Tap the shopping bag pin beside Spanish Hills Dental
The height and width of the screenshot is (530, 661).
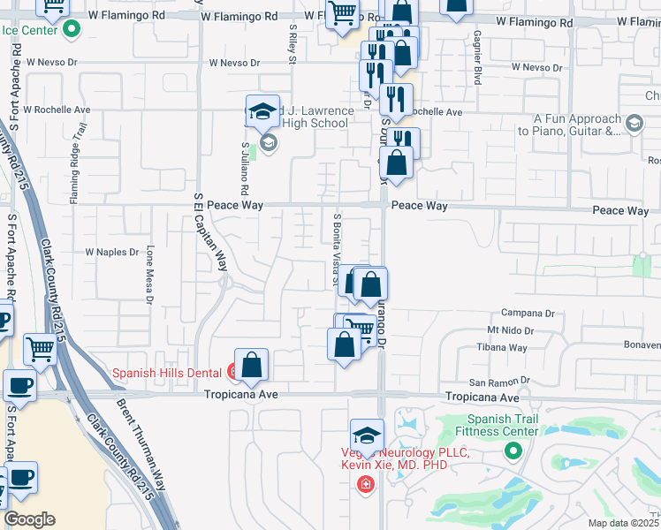click(252, 364)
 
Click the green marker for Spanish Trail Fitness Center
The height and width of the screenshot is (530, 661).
click(513, 451)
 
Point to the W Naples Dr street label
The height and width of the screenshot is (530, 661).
click(112, 252)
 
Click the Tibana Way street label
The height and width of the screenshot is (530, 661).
click(505, 348)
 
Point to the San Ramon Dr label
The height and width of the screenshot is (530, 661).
click(498, 382)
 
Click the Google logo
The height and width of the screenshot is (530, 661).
click(29, 519)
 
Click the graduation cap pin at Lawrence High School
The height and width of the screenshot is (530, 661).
click(262, 112)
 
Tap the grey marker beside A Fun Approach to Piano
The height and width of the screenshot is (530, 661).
click(633, 124)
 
